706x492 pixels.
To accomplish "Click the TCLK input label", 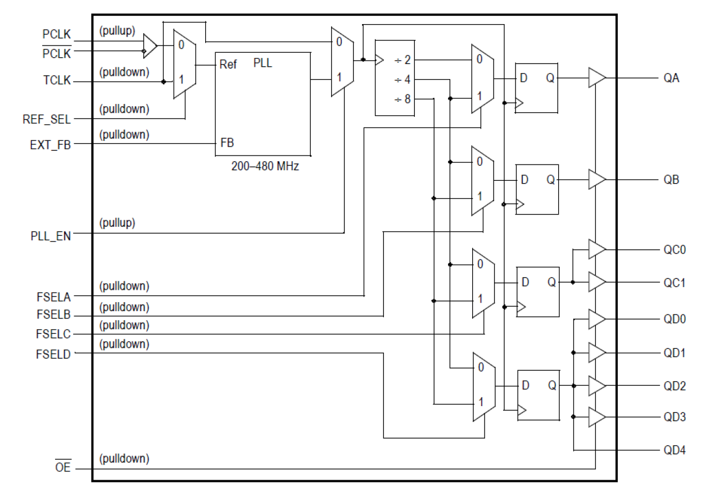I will click(x=56, y=80).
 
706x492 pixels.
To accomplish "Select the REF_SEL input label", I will click(x=47, y=119).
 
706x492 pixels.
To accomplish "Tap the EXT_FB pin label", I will click(x=51, y=144).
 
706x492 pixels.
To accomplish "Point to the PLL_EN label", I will click(x=51, y=236).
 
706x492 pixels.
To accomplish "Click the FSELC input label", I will click(x=54, y=335).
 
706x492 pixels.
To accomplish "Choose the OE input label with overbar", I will click(x=63, y=467).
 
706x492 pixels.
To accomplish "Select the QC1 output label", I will click(x=675, y=283).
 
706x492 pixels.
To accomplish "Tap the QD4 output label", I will click(x=675, y=450).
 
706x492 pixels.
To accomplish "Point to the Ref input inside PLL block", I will click(x=228, y=65).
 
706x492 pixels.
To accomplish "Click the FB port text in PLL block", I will click(x=227, y=143).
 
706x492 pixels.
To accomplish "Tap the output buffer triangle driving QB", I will click(x=596, y=180).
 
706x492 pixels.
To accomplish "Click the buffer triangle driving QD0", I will click(x=596, y=319).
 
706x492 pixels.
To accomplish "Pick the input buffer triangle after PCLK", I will click(x=150, y=45).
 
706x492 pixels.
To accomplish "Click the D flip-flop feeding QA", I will click(x=537, y=88).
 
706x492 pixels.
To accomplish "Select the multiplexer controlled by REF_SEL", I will click(x=184, y=64).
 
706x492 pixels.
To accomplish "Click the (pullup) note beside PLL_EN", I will click(x=117, y=223).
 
